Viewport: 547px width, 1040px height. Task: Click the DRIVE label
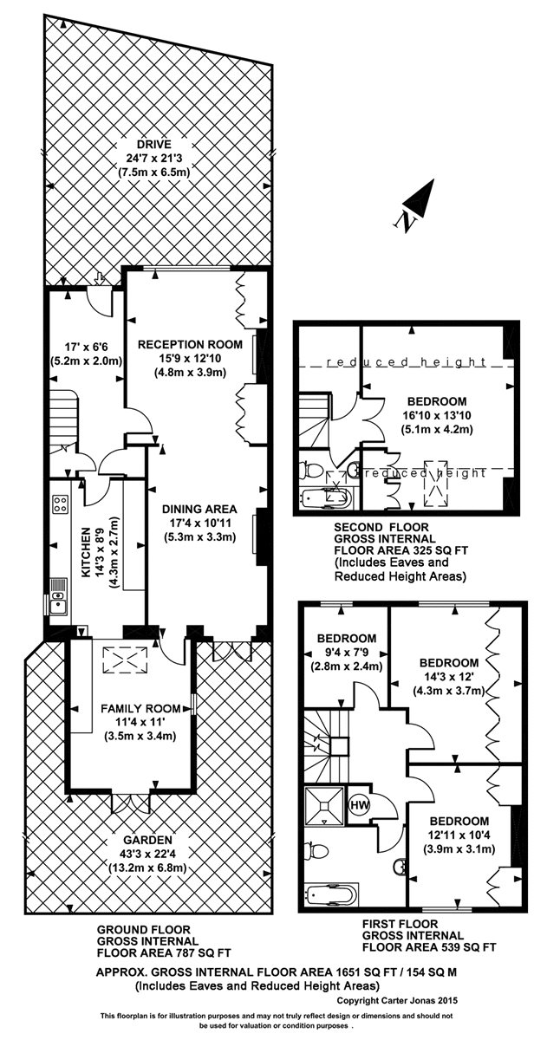(x=153, y=145)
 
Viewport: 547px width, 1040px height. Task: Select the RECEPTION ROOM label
(x=191, y=344)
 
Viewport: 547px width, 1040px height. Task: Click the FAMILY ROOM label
(x=140, y=709)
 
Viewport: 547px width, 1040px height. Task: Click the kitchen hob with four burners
(x=61, y=504)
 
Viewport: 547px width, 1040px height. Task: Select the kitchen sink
(x=58, y=596)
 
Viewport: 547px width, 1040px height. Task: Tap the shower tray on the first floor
(x=324, y=806)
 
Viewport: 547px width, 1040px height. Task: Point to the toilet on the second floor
(x=310, y=471)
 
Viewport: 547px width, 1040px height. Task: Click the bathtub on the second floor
(x=325, y=499)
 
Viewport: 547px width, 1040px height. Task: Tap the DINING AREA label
(x=199, y=509)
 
